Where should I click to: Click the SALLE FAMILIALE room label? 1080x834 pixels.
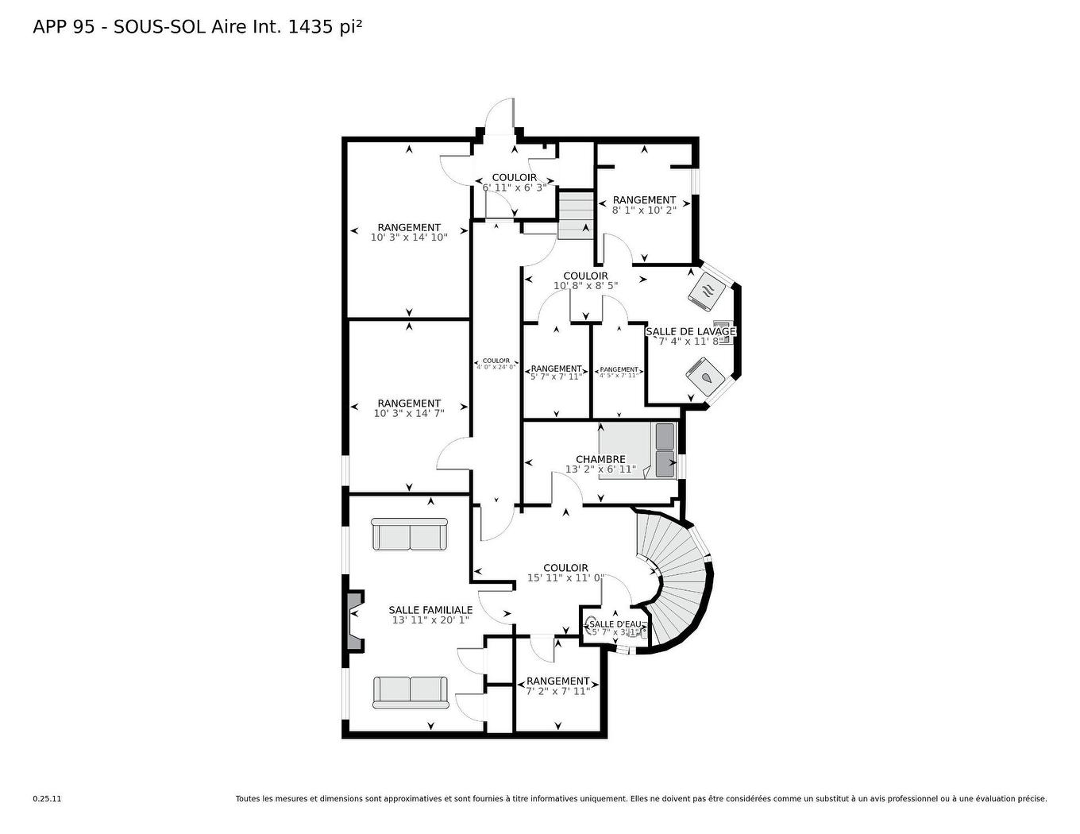[430, 610]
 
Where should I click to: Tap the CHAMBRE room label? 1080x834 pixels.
[600, 459]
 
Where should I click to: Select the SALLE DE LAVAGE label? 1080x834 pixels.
[690, 331]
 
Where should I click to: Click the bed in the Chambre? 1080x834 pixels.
[638, 450]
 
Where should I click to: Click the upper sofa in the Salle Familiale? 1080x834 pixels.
[410, 535]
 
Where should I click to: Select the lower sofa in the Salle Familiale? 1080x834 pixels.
[410, 692]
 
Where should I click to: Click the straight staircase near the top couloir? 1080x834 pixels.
[575, 215]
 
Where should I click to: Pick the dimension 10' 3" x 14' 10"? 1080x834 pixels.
[409, 237]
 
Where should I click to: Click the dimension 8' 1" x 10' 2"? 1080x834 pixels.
[644, 210]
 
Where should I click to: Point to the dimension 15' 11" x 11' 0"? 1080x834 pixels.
[565, 577]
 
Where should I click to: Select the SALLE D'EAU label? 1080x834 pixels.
[615, 624]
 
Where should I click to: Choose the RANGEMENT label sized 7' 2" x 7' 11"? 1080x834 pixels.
[557, 681]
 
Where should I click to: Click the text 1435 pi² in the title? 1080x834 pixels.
[326, 27]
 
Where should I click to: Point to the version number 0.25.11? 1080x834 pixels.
[47, 799]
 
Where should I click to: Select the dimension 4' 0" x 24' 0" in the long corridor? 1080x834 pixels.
[496, 367]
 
